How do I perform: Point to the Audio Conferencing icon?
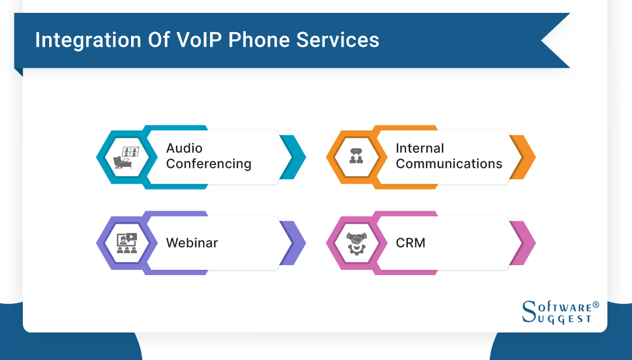pyautogui.click(x=126, y=157)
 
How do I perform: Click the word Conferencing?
pyautogui.click(x=208, y=164)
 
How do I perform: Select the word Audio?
pyautogui.click(x=184, y=148)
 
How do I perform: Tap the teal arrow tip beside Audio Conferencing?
pyautogui.click(x=296, y=157)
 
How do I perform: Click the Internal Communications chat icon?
pyautogui.click(x=356, y=157)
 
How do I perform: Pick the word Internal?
pyautogui.click(x=420, y=148)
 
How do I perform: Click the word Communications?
pyautogui.click(x=449, y=164)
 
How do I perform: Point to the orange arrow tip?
pyautogui.click(x=525, y=157)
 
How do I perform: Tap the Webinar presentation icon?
pyautogui.click(x=126, y=242)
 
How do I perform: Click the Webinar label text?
pyautogui.click(x=192, y=242)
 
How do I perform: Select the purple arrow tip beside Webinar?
pyautogui.click(x=296, y=242)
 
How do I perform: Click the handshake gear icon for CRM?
pyautogui.click(x=356, y=242)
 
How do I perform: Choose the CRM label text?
pyautogui.click(x=410, y=242)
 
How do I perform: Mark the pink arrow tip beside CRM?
pyautogui.click(x=525, y=242)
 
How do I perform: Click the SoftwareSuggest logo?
pyautogui.click(x=557, y=312)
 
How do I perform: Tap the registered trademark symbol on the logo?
pyautogui.click(x=596, y=305)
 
